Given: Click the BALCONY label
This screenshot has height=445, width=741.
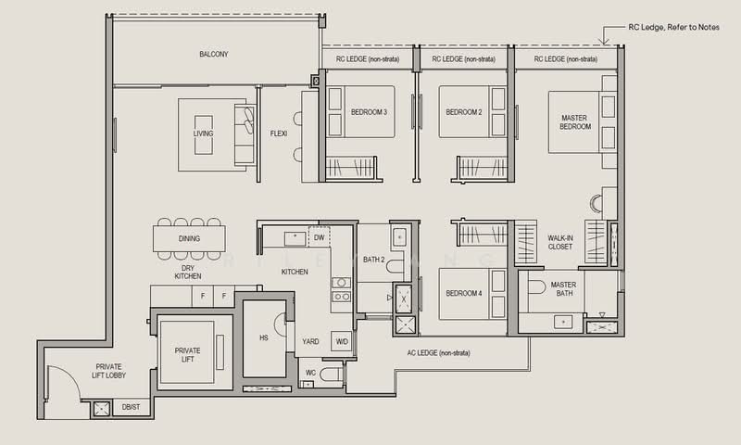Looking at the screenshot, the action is pyautogui.click(x=214, y=55).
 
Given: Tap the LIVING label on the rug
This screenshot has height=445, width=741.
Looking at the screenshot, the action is pyautogui.click(x=203, y=133).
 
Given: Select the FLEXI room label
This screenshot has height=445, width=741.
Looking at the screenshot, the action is pyautogui.click(x=279, y=133).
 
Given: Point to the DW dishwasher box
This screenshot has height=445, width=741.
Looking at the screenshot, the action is pyautogui.click(x=319, y=237).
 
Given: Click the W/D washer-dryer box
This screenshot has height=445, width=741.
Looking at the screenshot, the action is pyautogui.click(x=342, y=341).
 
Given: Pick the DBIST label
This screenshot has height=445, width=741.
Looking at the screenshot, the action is pyautogui.click(x=131, y=407).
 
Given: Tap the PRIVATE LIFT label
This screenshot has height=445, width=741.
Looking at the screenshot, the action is pyautogui.click(x=188, y=355).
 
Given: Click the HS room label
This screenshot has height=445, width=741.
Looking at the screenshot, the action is pyautogui.click(x=264, y=338).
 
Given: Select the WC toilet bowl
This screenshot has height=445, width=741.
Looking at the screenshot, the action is pyautogui.click(x=332, y=374).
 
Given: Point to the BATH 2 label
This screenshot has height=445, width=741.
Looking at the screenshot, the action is pyautogui.click(x=374, y=260).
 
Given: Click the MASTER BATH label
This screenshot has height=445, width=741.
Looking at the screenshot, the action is pyautogui.click(x=564, y=289).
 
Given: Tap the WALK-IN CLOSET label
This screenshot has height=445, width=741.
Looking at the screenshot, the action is pyautogui.click(x=560, y=243).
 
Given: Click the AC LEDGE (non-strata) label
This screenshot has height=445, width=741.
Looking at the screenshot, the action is pyautogui.click(x=438, y=353).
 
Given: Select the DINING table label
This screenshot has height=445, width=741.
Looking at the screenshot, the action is pyautogui.click(x=189, y=239).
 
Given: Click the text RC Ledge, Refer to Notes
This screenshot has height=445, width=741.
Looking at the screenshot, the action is pyautogui.click(x=674, y=28).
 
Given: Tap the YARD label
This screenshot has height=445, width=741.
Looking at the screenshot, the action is pyautogui.click(x=310, y=341).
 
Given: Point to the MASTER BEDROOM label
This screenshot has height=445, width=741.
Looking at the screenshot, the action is pyautogui.click(x=574, y=122).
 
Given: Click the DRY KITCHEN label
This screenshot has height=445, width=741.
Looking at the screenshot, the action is pyautogui.click(x=188, y=272).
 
